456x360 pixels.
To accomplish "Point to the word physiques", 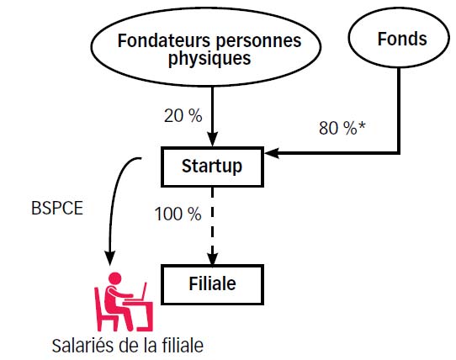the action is (x=209, y=58).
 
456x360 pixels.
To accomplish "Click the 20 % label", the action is (x=183, y=116).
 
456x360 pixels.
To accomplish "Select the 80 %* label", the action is (x=342, y=128).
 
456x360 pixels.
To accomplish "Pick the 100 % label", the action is (x=178, y=214).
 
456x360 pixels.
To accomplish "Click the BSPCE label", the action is (x=57, y=209).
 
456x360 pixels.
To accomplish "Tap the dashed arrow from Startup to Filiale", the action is (x=212, y=226).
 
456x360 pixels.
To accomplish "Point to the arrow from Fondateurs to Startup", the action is (x=212, y=116).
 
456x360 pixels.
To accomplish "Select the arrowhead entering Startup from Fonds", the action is (x=272, y=152).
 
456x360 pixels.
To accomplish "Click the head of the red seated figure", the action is (x=115, y=278).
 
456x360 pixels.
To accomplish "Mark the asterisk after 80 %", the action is (x=362, y=125).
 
